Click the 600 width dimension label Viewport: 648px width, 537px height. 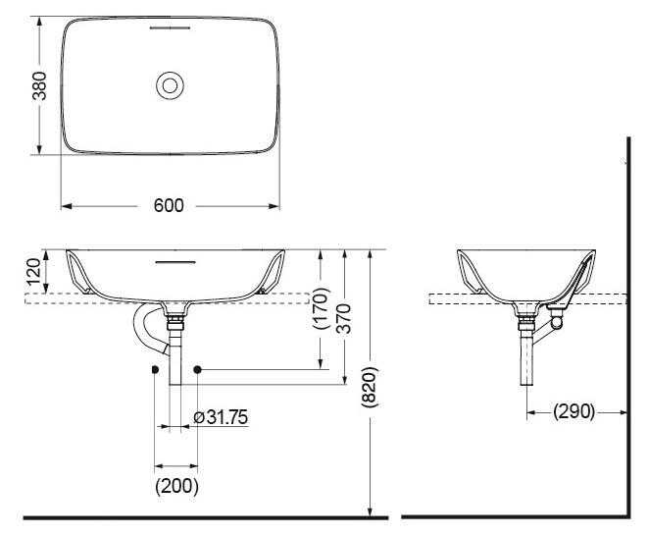[x=169, y=205]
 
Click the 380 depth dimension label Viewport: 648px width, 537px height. [x=39, y=86]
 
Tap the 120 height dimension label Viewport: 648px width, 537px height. [x=34, y=271]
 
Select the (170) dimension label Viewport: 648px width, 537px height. [x=322, y=308]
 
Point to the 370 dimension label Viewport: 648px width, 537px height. [x=343, y=318]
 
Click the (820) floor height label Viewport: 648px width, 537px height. [x=369, y=387]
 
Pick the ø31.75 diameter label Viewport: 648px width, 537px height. [x=221, y=417]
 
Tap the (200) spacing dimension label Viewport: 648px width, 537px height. [x=176, y=486]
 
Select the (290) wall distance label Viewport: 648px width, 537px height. [x=574, y=411]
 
